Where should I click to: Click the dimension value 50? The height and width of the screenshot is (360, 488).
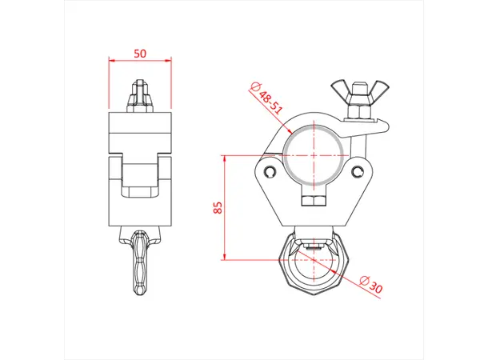[x=140, y=53]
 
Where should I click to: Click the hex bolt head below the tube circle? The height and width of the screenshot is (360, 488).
[x=313, y=198]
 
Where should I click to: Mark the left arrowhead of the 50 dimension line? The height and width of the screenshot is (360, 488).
[x=111, y=61]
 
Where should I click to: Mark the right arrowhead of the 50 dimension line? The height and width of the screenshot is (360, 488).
[x=169, y=61]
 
